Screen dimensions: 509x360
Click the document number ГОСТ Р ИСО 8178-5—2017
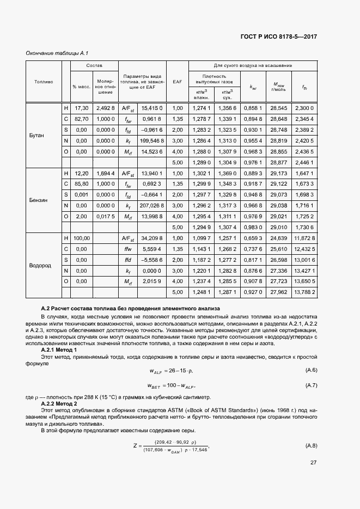coord(278,36)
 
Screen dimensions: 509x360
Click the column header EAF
coord(177,82)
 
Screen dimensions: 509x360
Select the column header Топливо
coord(44,82)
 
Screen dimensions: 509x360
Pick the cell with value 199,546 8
coord(150,140)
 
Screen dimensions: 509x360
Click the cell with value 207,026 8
coord(150,205)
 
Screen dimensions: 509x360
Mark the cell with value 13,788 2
coord(304,292)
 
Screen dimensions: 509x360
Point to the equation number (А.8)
coord(311,446)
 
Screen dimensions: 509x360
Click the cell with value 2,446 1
coord(304,162)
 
